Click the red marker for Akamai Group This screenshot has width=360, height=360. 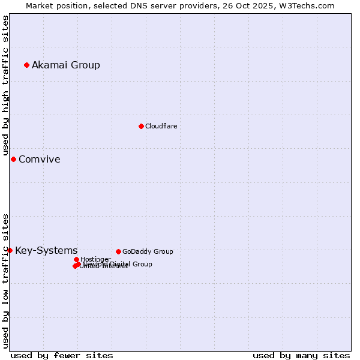pyautogui.click(x=26, y=65)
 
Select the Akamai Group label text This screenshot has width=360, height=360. pyautogui.click(x=66, y=65)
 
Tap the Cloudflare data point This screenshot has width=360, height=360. pyautogui.click(x=141, y=126)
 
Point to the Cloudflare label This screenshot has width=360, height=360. pyautogui.click(x=161, y=126)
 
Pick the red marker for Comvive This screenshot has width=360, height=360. pyautogui.click(x=13, y=159)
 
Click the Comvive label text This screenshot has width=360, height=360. pyautogui.click(x=40, y=160)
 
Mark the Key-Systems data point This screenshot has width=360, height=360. pyautogui.click(x=10, y=250)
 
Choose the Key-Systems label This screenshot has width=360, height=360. pyautogui.click(x=46, y=251)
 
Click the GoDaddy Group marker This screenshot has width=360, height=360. pyautogui.click(x=118, y=251)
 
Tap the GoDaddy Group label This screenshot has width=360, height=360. pyautogui.click(x=148, y=251)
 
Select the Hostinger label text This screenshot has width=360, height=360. pyautogui.click(x=95, y=259)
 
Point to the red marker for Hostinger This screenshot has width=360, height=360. pyautogui.click(x=76, y=259)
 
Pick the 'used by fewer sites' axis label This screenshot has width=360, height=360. pyautogui.click(x=62, y=355)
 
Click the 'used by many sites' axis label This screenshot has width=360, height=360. pyautogui.click(x=301, y=355)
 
